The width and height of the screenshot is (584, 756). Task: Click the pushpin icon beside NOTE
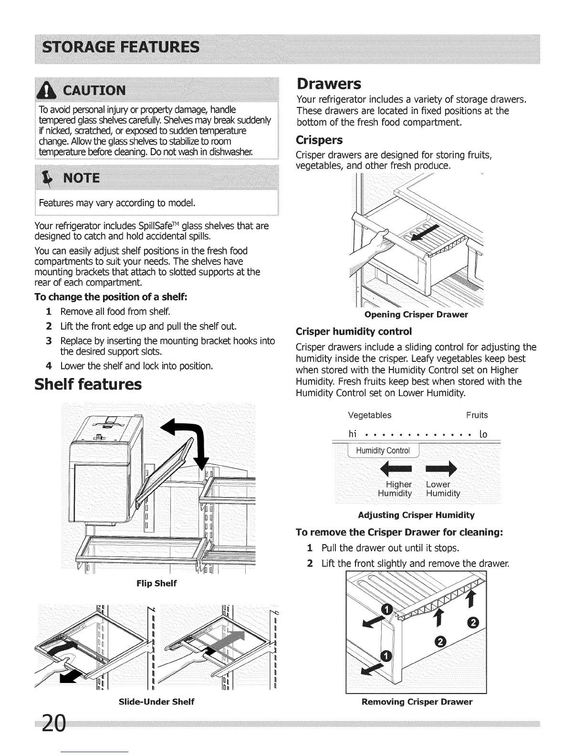pos(49,178)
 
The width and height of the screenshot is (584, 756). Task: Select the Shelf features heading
pos(88,384)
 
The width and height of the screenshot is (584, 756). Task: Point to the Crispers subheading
pos(319,140)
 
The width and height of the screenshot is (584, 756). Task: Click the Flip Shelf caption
pos(156,583)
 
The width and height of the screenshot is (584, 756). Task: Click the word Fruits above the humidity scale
pos(477,415)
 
